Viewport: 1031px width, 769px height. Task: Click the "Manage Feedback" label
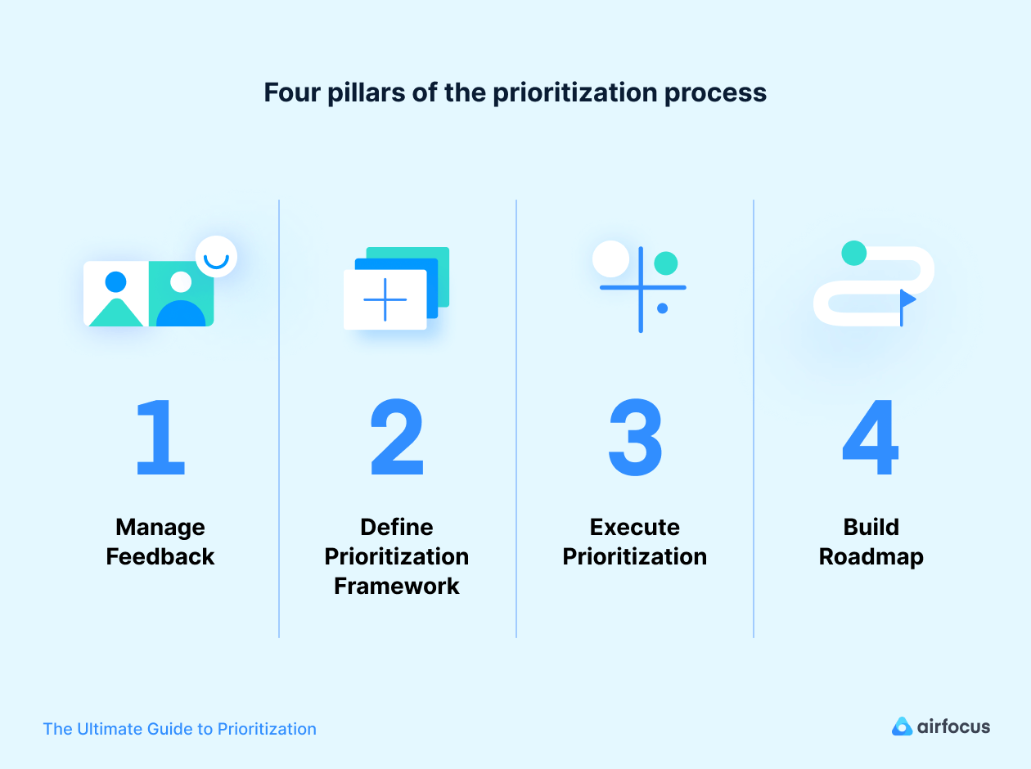coord(160,542)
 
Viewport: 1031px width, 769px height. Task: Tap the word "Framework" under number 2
coord(397,586)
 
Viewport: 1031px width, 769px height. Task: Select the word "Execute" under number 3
coord(634,527)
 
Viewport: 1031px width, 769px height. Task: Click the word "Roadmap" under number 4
coord(871,556)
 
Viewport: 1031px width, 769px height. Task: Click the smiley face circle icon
coord(216,257)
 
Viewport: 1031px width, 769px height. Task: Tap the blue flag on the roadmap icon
coord(907,299)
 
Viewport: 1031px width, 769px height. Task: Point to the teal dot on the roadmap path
coord(853,253)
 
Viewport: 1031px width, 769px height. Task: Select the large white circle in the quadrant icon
coord(610,259)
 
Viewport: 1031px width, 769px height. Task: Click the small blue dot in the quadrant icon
coord(662,308)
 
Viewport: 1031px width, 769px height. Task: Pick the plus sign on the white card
coord(385,299)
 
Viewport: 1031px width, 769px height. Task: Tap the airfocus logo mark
coord(902,726)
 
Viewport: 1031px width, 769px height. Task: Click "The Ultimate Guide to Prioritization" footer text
coord(179,729)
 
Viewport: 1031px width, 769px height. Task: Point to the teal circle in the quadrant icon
coord(666,263)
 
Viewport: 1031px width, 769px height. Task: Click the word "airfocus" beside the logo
coord(953,726)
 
